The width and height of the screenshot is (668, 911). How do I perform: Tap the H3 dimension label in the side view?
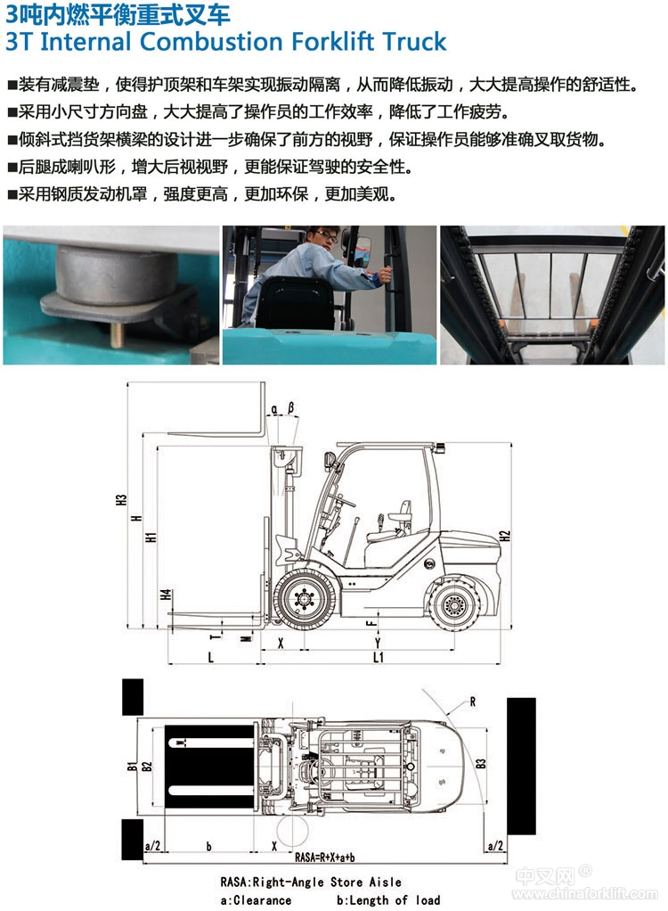click(x=121, y=500)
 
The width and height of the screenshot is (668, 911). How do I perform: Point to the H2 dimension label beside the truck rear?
click(x=505, y=537)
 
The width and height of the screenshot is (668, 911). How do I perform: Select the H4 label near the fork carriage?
click(x=166, y=595)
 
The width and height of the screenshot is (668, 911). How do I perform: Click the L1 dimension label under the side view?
click(x=379, y=657)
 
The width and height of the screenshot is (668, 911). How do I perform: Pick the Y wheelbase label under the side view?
click(x=378, y=643)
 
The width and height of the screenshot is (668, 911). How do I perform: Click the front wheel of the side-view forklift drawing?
click(x=304, y=599)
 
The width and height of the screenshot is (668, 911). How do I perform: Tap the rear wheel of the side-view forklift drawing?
click(x=454, y=605)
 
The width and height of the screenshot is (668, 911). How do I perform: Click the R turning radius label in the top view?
click(x=472, y=702)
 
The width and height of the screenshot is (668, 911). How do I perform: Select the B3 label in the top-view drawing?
click(x=481, y=763)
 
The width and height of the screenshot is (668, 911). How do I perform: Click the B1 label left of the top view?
click(x=132, y=767)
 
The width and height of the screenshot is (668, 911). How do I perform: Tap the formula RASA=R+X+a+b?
click(x=325, y=858)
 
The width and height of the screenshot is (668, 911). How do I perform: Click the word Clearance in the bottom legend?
click(x=262, y=900)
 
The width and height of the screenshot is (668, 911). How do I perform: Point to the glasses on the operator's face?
click(x=327, y=237)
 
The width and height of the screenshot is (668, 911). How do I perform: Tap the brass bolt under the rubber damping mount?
click(x=117, y=336)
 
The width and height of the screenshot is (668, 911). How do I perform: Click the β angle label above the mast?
click(x=290, y=408)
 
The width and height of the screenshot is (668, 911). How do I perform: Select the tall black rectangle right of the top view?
click(x=521, y=766)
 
